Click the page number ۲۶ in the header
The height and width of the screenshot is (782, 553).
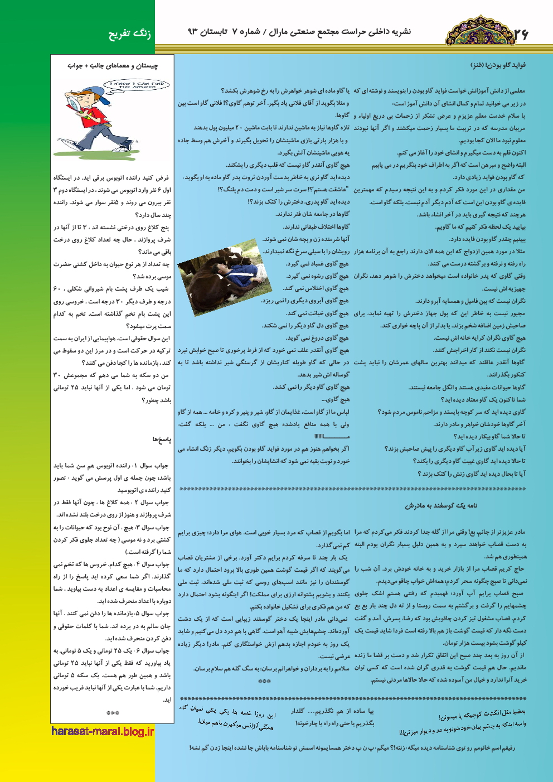[521, 35]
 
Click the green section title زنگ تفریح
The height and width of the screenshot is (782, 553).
[129, 34]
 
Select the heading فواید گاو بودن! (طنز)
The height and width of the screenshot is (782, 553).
[498, 65]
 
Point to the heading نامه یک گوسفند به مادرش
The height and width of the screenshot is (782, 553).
[441, 506]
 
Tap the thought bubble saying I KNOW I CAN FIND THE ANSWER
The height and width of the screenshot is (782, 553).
[135, 85]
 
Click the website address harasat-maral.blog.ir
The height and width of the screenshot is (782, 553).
[103, 731]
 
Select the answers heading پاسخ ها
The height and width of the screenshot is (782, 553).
[162, 440]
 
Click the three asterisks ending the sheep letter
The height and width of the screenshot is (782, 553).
[265, 681]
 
